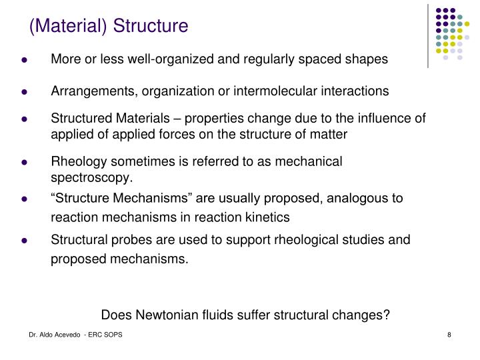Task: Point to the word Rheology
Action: click(x=76, y=161)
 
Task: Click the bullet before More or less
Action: click(x=23, y=60)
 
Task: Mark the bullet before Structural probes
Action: click(x=23, y=239)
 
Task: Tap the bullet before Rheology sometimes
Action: click(x=23, y=162)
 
